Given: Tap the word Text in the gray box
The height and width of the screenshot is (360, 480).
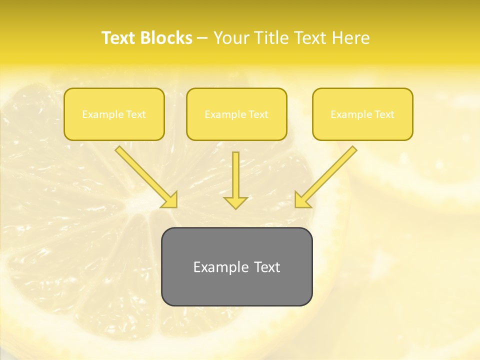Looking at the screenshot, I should pos(266,267).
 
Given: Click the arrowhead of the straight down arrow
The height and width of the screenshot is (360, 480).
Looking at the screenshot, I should pos(235,202).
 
